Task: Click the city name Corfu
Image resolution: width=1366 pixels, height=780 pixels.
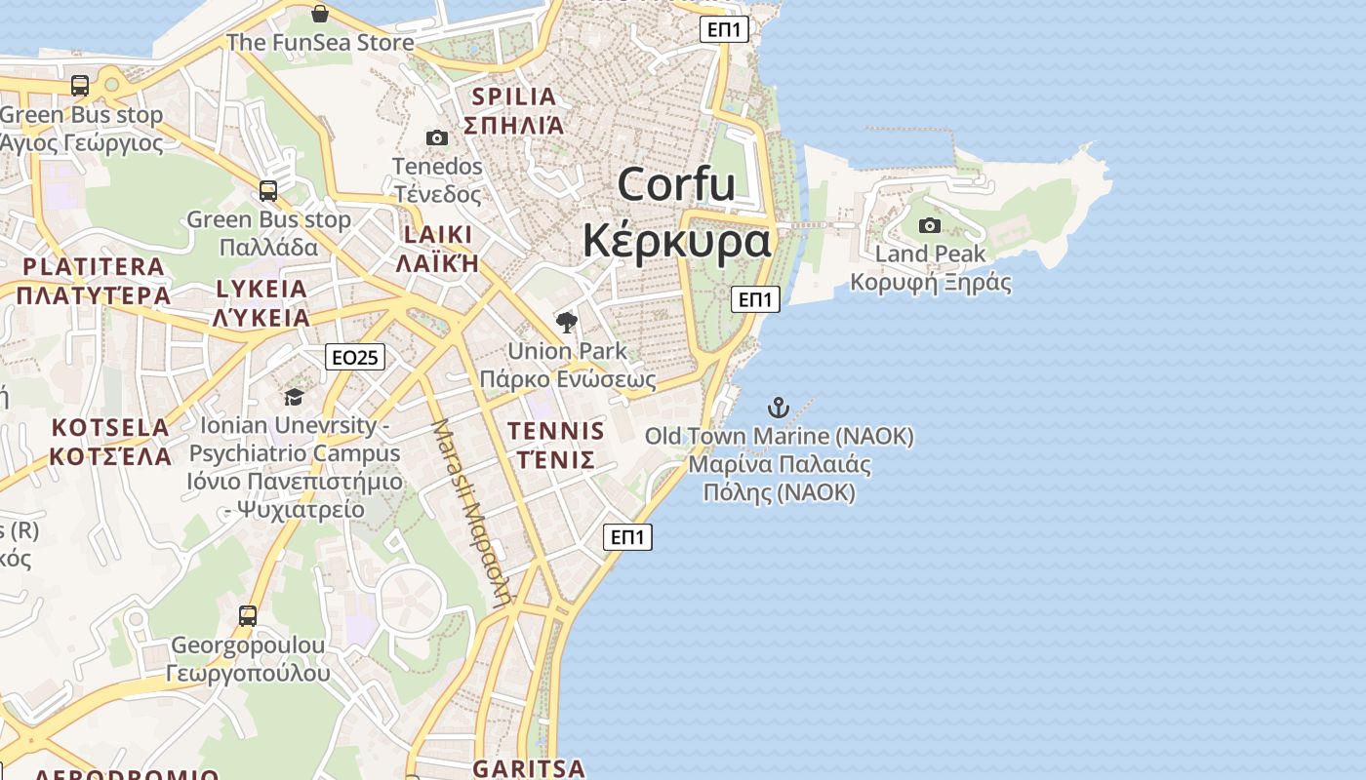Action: click(676, 184)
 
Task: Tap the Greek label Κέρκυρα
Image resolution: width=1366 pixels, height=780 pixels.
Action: click(676, 241)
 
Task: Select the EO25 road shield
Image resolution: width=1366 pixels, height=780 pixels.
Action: click(355, 358)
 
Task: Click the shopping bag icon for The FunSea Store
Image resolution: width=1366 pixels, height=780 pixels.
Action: click(320, 14)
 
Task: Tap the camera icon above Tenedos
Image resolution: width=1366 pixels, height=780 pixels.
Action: click(437, 138)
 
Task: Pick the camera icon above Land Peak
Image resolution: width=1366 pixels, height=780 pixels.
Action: click(930, 226)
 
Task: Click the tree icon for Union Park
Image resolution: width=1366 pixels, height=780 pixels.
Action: click(566, 323)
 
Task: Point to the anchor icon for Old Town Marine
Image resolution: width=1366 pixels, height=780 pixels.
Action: click(779, 407)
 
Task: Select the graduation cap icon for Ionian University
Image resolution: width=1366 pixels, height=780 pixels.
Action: click(294, 397)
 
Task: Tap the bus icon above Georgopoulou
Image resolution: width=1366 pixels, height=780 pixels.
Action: click(248, 615)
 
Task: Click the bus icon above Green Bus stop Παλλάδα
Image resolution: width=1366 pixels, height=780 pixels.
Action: click(268, 191)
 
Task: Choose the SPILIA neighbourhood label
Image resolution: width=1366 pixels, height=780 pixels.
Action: click(514, 97)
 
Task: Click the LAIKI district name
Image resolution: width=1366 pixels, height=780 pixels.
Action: click(438, 235)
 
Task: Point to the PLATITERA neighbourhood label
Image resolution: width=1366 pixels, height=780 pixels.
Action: click(94, 267)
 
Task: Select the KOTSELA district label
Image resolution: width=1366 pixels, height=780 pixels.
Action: click(110, 428)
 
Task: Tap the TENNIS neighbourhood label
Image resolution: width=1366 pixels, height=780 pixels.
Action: click(556, 431)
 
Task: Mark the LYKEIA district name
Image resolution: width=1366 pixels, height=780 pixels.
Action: click(261, 290)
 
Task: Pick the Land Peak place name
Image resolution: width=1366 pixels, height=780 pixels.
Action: click(930, 254)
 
